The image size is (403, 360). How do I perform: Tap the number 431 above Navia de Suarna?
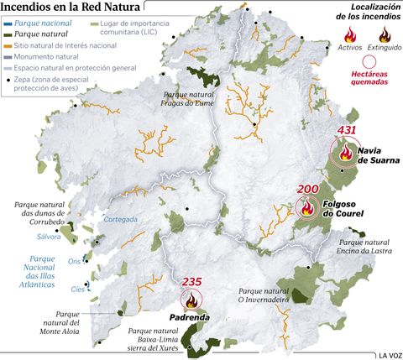348,131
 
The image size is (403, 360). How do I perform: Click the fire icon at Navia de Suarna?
346,152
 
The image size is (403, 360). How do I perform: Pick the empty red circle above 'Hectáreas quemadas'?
369,61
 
